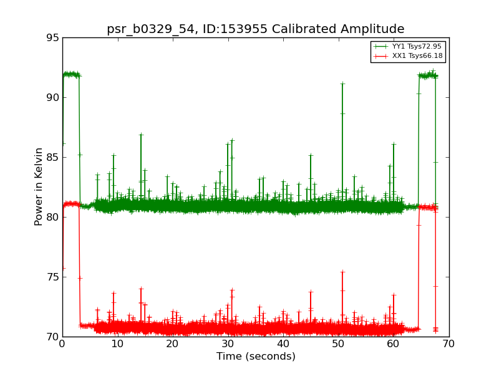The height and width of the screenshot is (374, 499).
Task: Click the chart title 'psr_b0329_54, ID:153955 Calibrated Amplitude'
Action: [256, 29]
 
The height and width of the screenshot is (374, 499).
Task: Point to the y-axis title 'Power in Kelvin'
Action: [39, 187]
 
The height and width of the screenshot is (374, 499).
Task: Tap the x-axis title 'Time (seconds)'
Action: [256, 356]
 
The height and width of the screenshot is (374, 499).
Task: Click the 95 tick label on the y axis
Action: [53, 38]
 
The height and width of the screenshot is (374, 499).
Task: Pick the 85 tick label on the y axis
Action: [53, 158]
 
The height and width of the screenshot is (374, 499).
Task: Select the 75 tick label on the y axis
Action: [53, 277]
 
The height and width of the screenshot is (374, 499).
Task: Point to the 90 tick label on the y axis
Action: [53, 98]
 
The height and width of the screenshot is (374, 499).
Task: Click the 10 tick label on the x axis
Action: [117, 344]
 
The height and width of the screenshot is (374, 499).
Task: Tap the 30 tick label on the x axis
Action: [228, 344]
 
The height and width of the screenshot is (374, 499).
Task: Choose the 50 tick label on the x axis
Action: [338, 344]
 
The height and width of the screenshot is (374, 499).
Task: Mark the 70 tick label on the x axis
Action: [448, 344]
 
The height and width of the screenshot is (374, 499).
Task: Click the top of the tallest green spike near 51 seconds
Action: [342, 84]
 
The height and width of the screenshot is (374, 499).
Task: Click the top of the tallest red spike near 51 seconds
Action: [342, 272]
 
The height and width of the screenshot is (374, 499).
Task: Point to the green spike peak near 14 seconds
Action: [141, 135]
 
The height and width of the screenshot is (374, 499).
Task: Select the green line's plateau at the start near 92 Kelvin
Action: [71, 75]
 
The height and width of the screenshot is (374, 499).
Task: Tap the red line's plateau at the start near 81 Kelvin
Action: [71, 204]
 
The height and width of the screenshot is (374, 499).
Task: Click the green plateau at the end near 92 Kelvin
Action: [428, 75]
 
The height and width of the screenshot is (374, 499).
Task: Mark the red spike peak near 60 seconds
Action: [394, 295]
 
